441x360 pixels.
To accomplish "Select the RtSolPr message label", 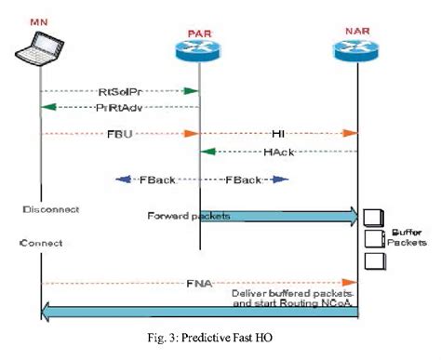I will (x=120, y=92).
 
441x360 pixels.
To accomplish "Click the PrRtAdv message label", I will (x=120, y=108).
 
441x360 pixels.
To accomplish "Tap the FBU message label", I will (x=120, y=133).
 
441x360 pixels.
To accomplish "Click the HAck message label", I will (x=277, y=151).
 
